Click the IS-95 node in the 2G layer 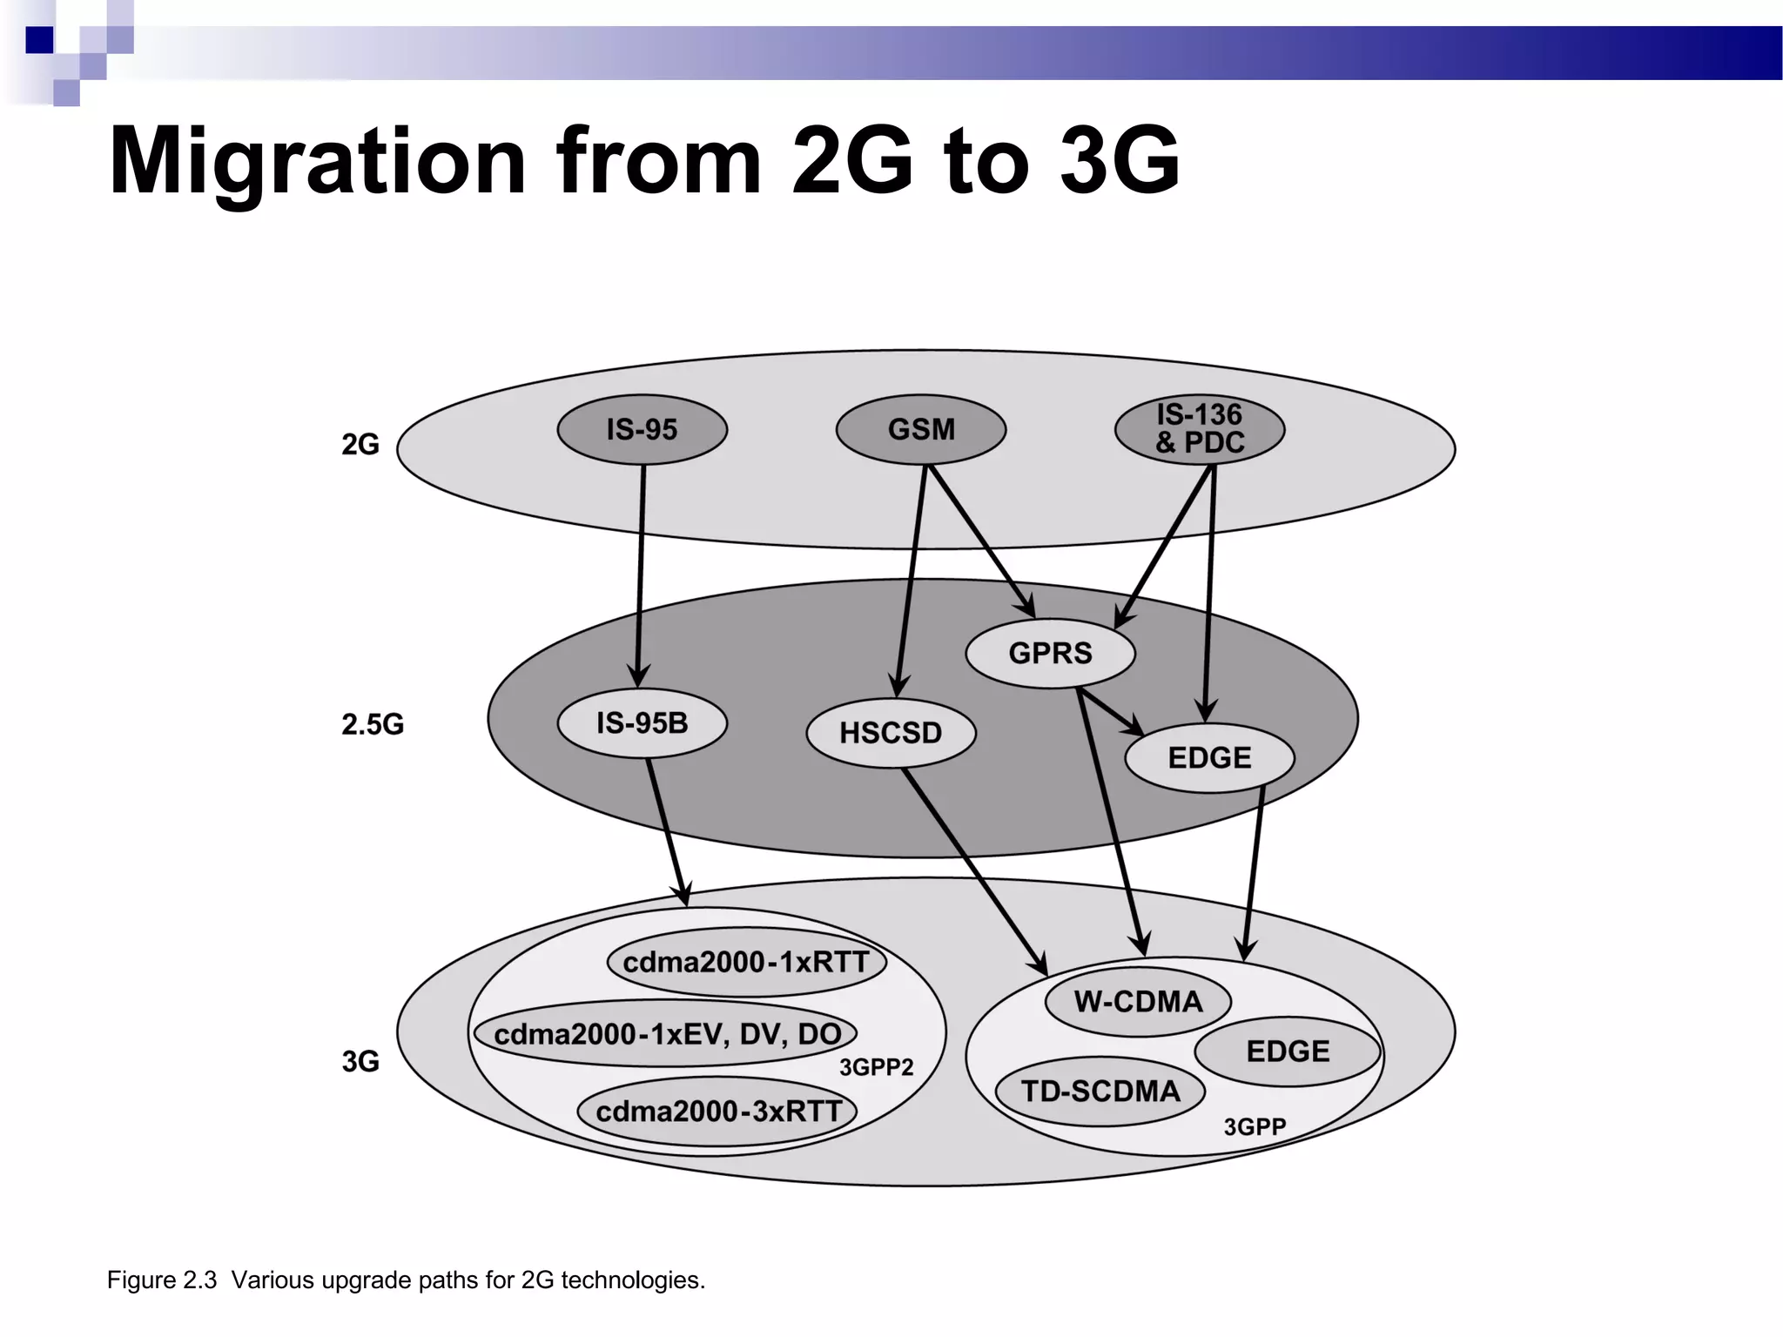coord(642,429)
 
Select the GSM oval coord(920,429)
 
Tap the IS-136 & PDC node coord(1199,429)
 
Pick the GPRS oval coord(1050,653)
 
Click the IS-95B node coord(642,723)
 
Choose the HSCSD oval coord(891,733)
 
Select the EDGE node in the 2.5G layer coord(1209,757)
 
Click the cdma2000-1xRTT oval coord(746,963)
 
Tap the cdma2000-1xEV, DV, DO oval coord(667,1034)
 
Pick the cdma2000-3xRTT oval coord(717,1112)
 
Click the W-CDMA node coord(1138,1002)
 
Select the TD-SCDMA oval coord(1100,1092)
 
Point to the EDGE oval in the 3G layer coord(1288,1051)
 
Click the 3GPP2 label coord(876,1068)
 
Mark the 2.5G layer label coord(373,724)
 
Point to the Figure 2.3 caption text coord(406,1280)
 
